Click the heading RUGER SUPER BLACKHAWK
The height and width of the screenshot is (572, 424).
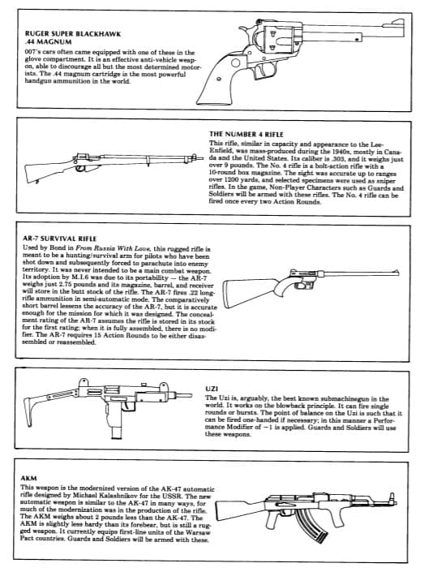[73, 34]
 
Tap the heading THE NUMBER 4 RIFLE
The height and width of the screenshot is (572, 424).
[246, 134]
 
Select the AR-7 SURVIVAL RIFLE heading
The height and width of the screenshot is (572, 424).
[59, 239]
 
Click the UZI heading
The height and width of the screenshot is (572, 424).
[212, 389]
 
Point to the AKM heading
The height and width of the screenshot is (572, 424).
[28, 478]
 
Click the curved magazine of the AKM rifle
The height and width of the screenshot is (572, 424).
[311, 525]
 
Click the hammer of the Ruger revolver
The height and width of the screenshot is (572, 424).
[242, 30]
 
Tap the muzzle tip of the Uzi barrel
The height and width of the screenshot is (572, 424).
[191, 395]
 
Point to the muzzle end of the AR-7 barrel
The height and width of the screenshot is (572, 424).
[397, 272]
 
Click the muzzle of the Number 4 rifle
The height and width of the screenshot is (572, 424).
[202, 159]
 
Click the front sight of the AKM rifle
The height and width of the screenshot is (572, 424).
[392, 497]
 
